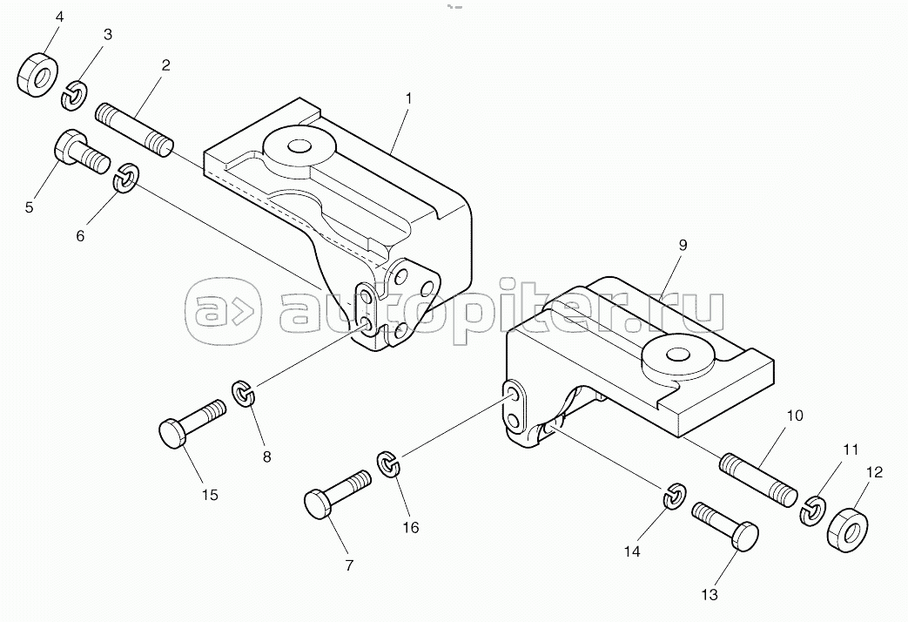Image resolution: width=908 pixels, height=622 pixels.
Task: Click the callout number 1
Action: tap(408, 98)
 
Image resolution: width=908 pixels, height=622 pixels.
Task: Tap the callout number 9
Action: tap(683, 245)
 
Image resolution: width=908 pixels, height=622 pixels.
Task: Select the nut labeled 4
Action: tap(37, 75)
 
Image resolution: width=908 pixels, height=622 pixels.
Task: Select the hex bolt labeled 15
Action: tap(192, 423)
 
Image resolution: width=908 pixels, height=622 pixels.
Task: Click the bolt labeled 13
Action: tap(725, 526)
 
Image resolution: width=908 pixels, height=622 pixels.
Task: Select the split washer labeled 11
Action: tap(814, 510)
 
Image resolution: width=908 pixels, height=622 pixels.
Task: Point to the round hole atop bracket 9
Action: tap(676, 354)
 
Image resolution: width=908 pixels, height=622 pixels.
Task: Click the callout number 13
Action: tap(710, 595)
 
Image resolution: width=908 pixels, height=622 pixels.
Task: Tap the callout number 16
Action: tap(411, 528)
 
